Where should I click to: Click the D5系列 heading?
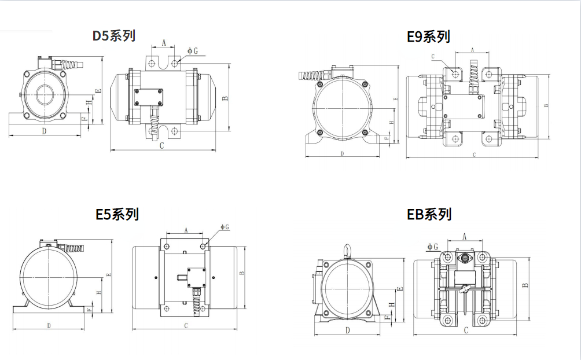point(115,35)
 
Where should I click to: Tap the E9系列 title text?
point(428,36)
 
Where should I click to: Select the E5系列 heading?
point(117,214)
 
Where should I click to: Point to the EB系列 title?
point(429,214)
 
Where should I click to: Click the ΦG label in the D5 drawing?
point(193,51)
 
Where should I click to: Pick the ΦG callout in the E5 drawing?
point(225,227)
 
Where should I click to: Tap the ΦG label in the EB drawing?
point(433,247)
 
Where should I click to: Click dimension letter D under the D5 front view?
point(45,131)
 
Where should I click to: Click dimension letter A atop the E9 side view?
point(473,50)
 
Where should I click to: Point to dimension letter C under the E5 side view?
point(186,326)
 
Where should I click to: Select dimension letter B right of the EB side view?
point(525,285)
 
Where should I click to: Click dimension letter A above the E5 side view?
point(186,230)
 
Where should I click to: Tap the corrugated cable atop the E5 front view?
point(73,248)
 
